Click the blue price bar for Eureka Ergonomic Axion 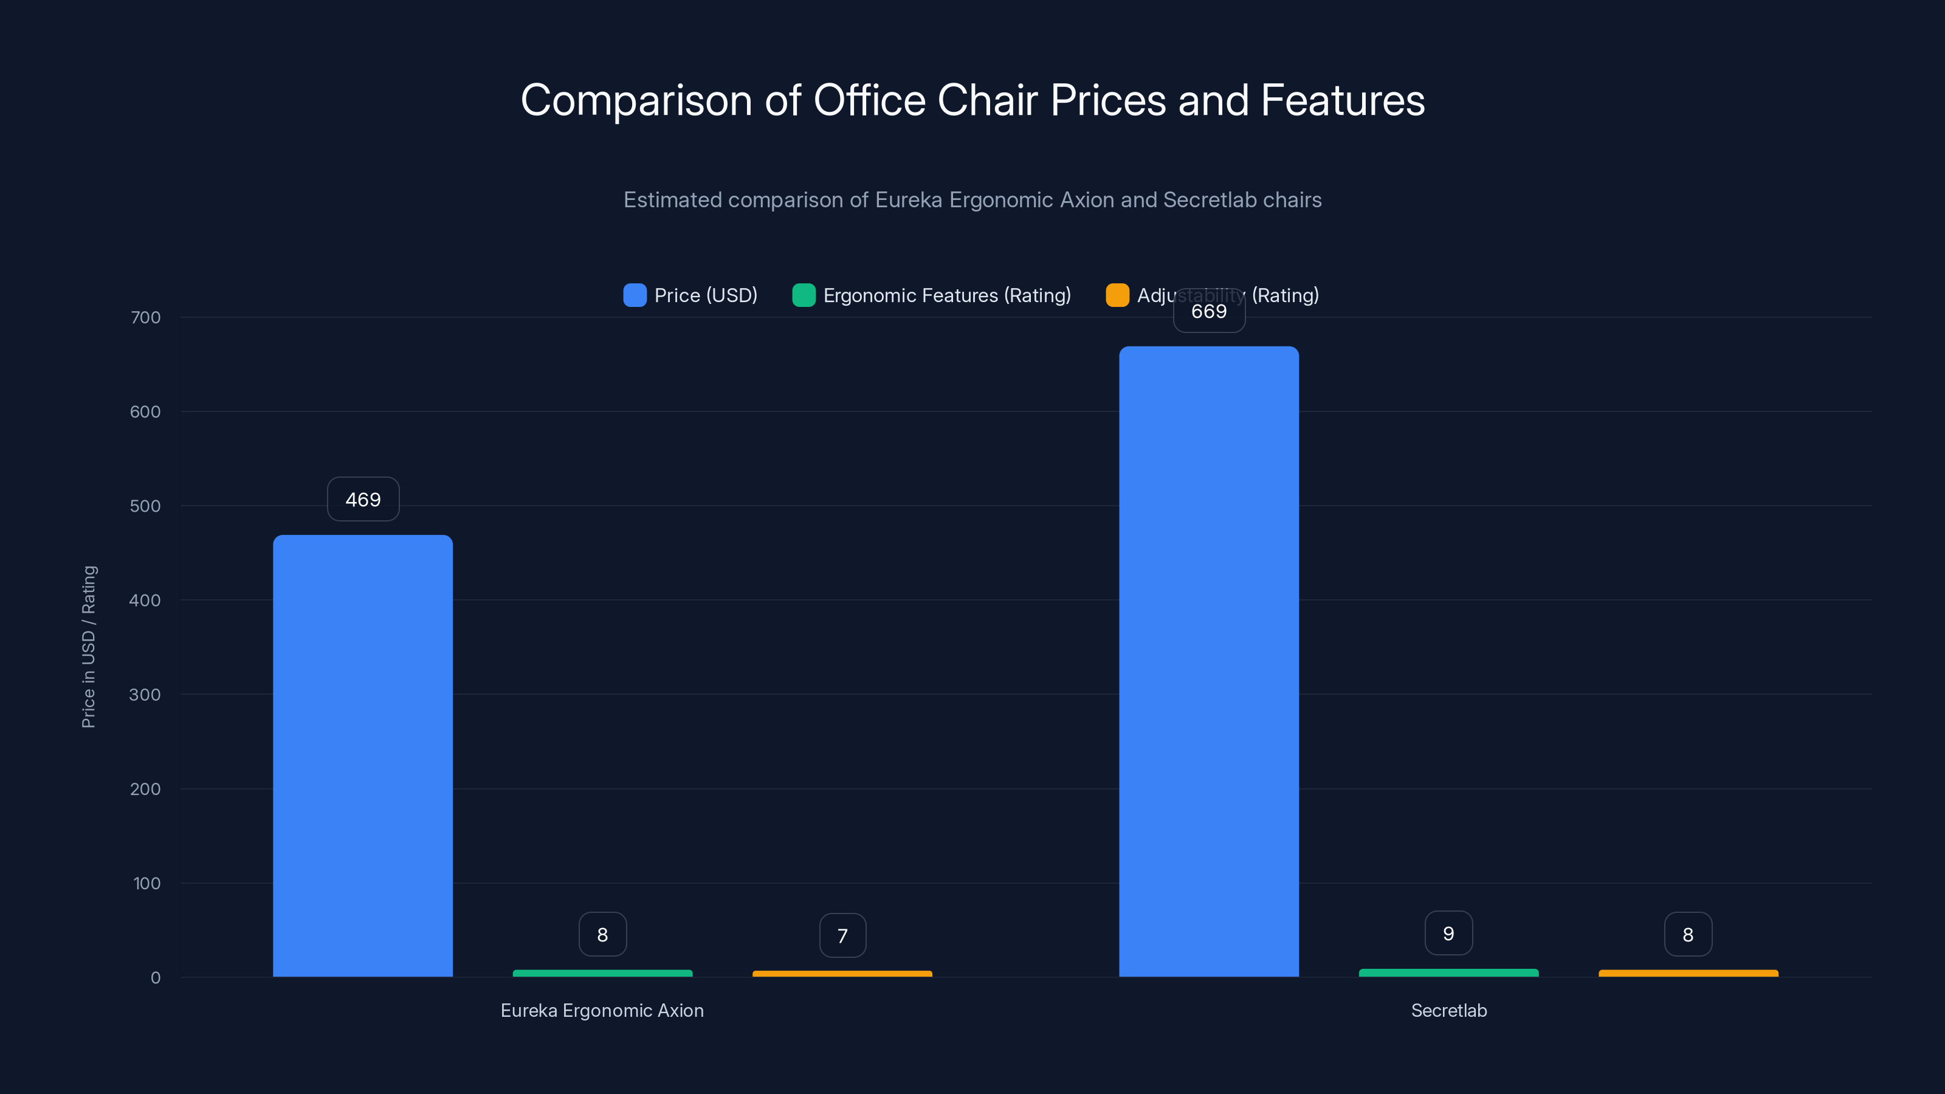[x=362, y=755]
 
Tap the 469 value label [x=362, y=499]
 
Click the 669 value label [x=1208, y=311]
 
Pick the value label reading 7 [x=842, y=935]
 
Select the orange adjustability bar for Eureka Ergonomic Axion [x=842, y=973]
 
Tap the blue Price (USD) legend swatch [x=634, y=295]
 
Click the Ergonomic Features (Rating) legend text [x=947, y=295]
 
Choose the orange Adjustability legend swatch [x=1117, y=295]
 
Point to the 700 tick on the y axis [x=145, y=317]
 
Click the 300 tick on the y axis [x=145, y=695]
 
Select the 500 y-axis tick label [x=145, y=506]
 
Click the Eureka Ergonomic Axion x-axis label [x=602, y=1010]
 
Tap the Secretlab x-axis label [x=1448, y=1010]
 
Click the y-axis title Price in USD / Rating [x=88, y=646]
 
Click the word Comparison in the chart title [x=636, y=100]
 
